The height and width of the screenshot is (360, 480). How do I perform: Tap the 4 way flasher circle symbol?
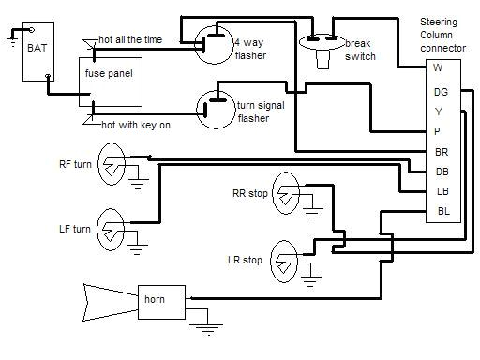tap(217, 44)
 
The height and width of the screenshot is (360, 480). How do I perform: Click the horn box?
tap(160, 301)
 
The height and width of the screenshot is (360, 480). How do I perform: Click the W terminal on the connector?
tap(438, 67)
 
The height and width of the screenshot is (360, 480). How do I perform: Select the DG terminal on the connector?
tap(441, 91)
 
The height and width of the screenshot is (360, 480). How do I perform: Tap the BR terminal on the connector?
tap(441, 151)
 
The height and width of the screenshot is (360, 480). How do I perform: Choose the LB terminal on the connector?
tap(441, 190)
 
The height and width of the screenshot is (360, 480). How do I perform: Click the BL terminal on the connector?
tap(441, 210)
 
